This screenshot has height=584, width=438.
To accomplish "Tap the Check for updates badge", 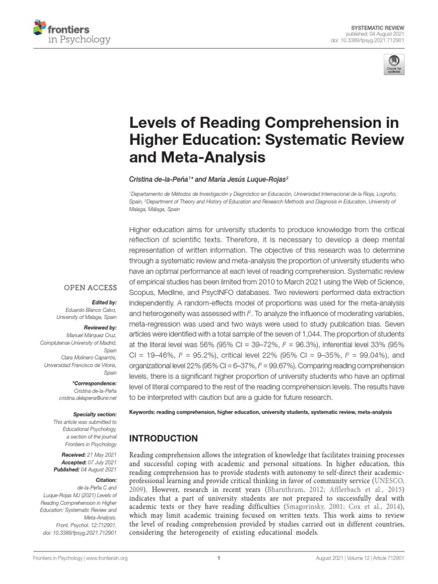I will point(392,64).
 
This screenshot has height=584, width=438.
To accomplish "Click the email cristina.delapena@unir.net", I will point(87,398).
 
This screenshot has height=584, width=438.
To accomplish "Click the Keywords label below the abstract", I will point(145,411).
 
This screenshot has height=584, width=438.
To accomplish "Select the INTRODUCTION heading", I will point(164,439).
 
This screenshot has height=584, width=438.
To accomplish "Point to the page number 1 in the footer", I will point(219,574).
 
